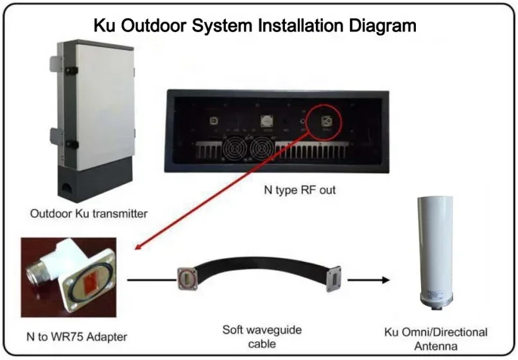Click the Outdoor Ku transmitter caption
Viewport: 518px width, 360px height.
[x=89, y=214]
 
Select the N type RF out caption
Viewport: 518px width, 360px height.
[x=300, y=190]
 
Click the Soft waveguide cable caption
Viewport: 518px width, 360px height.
[x=262, y=337]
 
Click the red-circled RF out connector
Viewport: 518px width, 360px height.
[x=325, y=120]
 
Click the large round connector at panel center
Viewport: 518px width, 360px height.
[x=265, y=121]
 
